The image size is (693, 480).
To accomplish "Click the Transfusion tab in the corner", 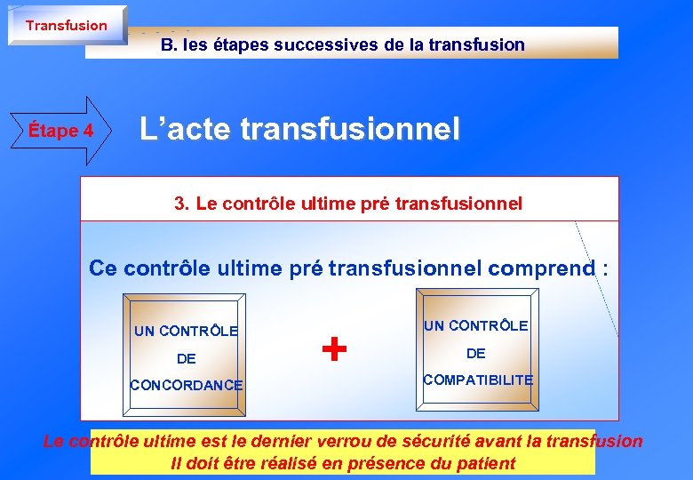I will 66,25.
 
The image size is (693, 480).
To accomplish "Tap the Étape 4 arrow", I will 60,131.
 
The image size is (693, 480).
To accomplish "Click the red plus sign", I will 333,349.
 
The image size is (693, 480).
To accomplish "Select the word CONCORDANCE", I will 186,385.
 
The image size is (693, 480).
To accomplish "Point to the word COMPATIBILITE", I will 478,380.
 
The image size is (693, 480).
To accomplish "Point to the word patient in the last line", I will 487,462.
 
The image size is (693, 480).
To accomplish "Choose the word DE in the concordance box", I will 187,358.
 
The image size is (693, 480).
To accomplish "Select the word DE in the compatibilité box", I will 476,353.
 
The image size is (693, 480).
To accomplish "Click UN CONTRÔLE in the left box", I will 186,332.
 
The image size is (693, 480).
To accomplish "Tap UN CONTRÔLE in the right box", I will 476,326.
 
